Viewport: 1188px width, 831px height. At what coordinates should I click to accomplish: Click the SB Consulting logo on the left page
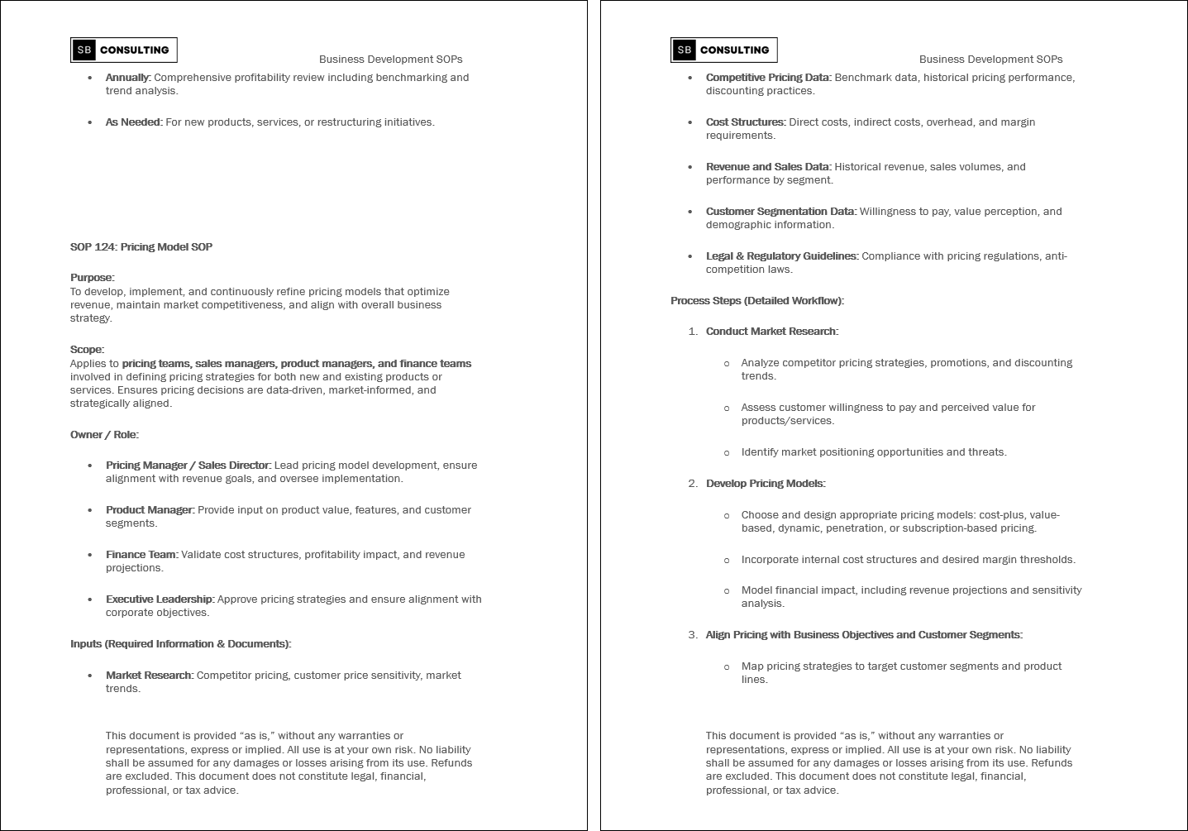click(124, 50)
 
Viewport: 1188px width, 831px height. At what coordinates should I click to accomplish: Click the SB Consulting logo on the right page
click(724, 50)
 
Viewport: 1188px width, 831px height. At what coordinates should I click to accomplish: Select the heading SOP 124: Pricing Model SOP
click(141, 247)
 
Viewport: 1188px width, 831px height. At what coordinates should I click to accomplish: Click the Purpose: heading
click(93, 278)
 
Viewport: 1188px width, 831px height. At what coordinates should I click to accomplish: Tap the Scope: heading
click(88, 350)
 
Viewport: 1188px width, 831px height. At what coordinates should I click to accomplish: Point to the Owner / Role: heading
click(104, 435)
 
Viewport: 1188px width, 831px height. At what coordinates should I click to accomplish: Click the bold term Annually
click(127, 78)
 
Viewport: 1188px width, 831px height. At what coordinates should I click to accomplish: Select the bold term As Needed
click(133, 122)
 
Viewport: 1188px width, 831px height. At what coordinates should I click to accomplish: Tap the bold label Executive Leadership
click(160, 599)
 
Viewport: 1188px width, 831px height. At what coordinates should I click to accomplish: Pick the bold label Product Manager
click(149, 510)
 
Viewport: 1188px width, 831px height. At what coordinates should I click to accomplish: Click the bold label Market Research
click(149, 676)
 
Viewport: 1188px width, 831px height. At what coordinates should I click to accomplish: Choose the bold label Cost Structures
click(745, 122)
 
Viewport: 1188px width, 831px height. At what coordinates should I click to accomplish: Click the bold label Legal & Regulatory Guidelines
click(781, 256)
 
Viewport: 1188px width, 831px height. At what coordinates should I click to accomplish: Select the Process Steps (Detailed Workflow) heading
click(757, 301)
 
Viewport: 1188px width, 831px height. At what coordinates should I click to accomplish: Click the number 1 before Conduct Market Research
click(692, 332)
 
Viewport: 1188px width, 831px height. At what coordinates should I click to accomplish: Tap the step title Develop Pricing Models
click(765, 484)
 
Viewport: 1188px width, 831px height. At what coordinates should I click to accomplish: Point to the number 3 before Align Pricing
click(692, 635)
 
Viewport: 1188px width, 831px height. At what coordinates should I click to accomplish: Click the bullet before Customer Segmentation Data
click(690, 212)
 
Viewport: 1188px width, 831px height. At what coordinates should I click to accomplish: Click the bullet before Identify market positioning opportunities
click(727, 453)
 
